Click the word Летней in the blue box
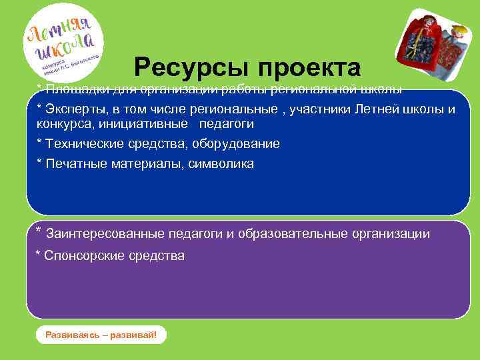pos(373,109)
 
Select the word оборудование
pos(237,144)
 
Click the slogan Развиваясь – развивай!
pos(101,335)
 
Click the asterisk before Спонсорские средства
pos(38,254)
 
